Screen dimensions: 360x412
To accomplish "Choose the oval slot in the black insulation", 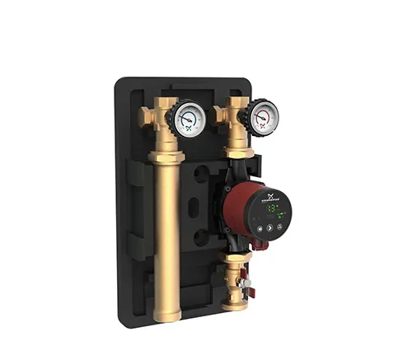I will tap(193, 207).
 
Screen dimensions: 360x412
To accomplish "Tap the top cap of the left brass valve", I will tap(162, 102).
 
